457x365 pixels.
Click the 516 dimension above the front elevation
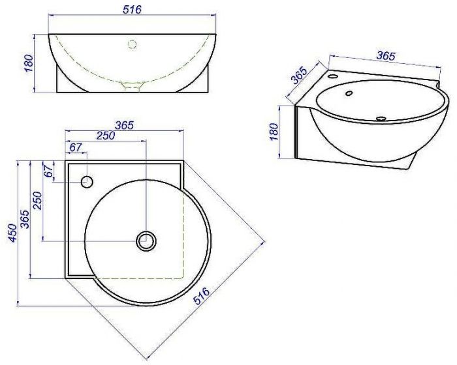(x=132, y=10)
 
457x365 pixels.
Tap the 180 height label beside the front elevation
(x=29, y=63)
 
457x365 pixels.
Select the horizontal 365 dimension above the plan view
(x=124, y=125)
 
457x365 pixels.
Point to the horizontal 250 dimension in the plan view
(x=106, y=136)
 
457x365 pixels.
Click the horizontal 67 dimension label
(x=75, y=147)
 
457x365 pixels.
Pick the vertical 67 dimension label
(x=49, y=170)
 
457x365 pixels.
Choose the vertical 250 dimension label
(x=38, y=201)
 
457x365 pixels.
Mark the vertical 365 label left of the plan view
(x=25, y=219)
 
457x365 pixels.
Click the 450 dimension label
(x=12, y=233)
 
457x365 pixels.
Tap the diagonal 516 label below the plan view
(x=202, y=295)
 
